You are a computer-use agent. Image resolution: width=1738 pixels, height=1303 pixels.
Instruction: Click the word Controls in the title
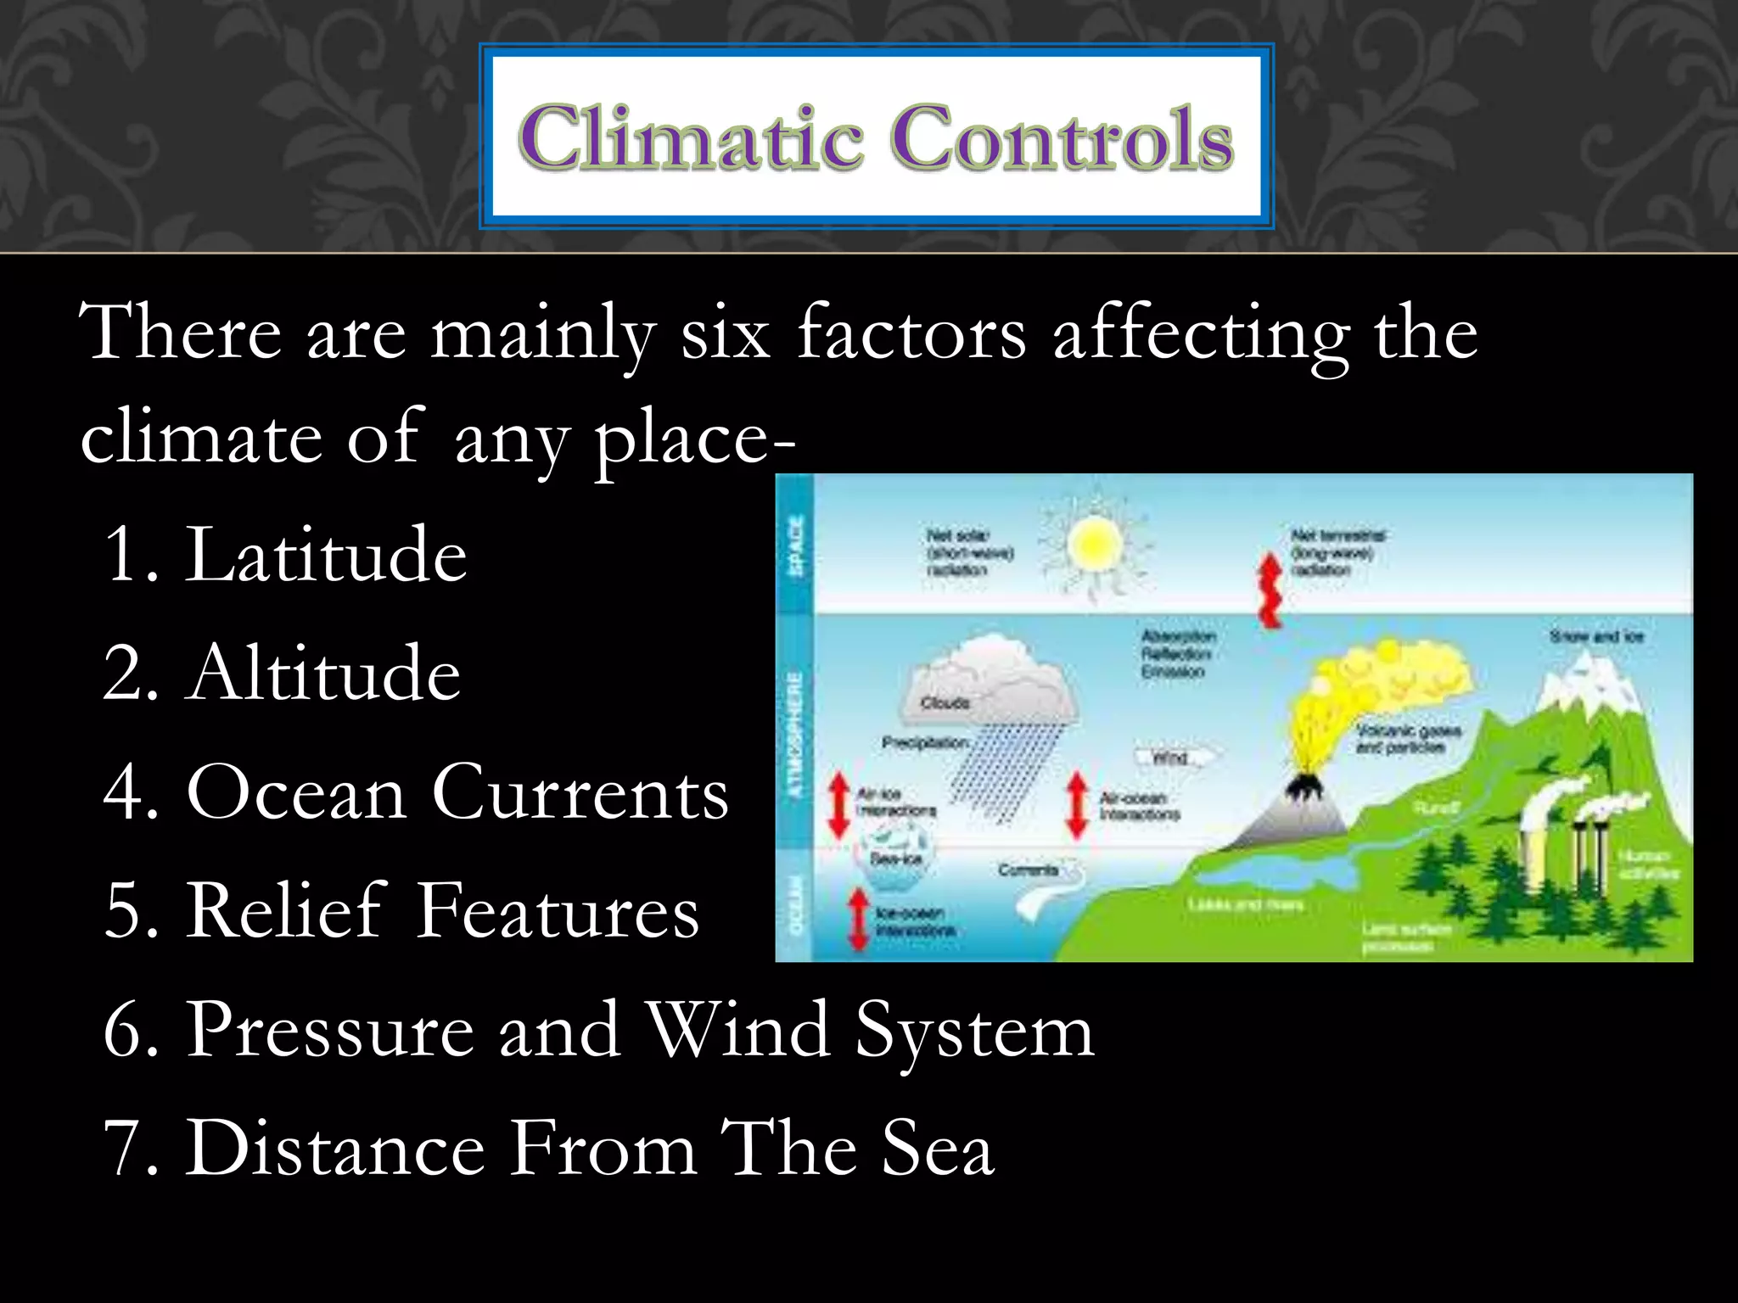tap(1061, 137)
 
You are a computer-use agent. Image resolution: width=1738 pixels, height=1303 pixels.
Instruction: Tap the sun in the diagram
tap(1095, 545)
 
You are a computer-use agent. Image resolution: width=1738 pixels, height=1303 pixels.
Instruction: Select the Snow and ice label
tap(1595, 636)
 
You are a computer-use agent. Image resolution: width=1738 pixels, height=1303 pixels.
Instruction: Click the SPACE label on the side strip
tap(796, 545)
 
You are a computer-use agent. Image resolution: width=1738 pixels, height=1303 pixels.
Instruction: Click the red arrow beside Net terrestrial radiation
tap(1270, 590)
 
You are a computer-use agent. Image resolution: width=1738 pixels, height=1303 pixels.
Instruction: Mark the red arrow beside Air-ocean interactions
tap(1078, 804)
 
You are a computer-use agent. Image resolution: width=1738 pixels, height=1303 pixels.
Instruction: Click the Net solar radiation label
tap(968, 553)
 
